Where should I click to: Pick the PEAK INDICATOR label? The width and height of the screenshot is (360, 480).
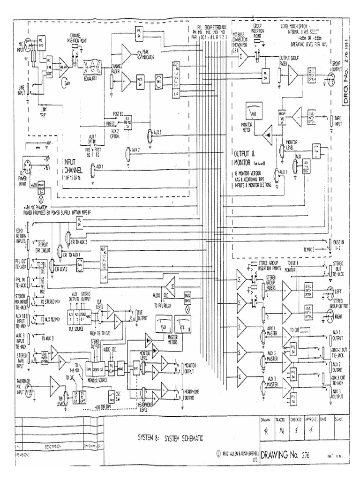point(152,54)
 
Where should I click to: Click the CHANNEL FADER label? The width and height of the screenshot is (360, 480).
point(117,69)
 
